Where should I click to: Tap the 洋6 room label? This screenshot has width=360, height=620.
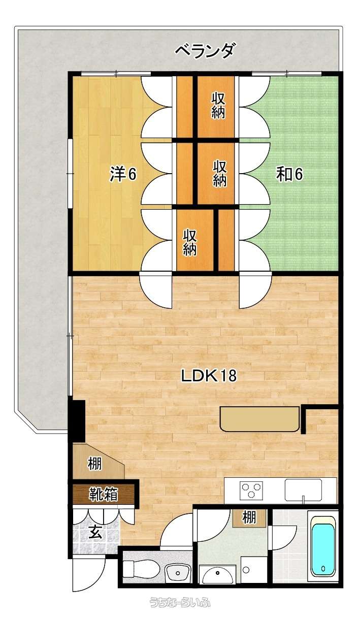[123, 174]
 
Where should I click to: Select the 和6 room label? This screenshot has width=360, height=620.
[289, 174]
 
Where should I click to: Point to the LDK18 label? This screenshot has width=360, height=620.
[209, 376]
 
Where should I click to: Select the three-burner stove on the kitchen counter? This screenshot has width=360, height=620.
[251, 490]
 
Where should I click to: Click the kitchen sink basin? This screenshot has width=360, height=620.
[304, 489]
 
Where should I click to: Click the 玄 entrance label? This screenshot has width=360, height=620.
[95, 532]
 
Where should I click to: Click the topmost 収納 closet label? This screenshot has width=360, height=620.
[219, 105]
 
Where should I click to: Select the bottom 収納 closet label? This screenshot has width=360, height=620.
[190, 242]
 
